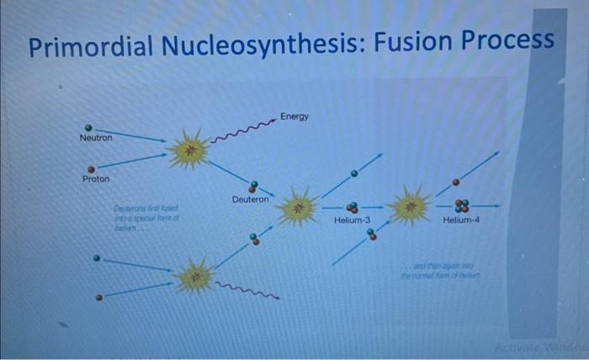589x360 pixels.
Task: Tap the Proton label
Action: (95, 179)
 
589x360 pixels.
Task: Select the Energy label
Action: (294, 116)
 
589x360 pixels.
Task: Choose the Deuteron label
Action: (251, 199)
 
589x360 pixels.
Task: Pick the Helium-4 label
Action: (460, 220)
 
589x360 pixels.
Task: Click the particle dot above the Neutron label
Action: (88, 128)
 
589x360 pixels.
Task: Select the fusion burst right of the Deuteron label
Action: (298, 207)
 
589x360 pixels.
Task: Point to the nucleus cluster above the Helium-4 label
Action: (462, 204)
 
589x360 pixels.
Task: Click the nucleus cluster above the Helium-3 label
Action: (353, 206)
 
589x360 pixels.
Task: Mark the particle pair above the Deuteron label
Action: (253, 186)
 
